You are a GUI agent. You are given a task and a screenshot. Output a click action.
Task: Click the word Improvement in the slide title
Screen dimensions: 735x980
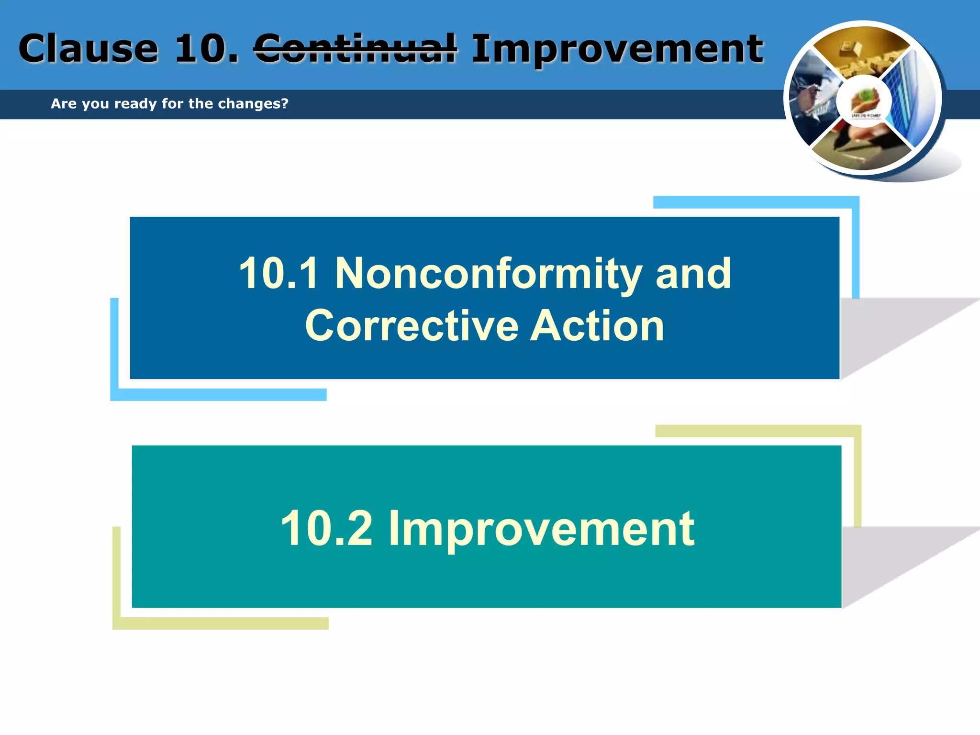(617, 49)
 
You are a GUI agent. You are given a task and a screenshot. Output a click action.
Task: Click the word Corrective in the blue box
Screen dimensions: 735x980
(412, 326)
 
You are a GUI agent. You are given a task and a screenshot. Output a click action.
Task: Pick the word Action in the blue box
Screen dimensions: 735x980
(597, 326)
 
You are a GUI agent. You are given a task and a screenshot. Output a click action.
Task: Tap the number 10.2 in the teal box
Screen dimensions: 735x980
(326, 528)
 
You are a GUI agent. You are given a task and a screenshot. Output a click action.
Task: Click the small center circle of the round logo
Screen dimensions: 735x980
(864, 101)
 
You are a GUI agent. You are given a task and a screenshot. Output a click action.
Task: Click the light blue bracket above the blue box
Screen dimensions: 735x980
(756, 202)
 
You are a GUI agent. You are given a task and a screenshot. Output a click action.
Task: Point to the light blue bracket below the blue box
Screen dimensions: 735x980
(218, 394)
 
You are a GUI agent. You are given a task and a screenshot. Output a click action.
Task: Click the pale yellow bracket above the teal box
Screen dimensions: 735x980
(758, 431)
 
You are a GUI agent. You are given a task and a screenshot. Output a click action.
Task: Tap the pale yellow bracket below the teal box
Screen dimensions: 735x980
(220, 623)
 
